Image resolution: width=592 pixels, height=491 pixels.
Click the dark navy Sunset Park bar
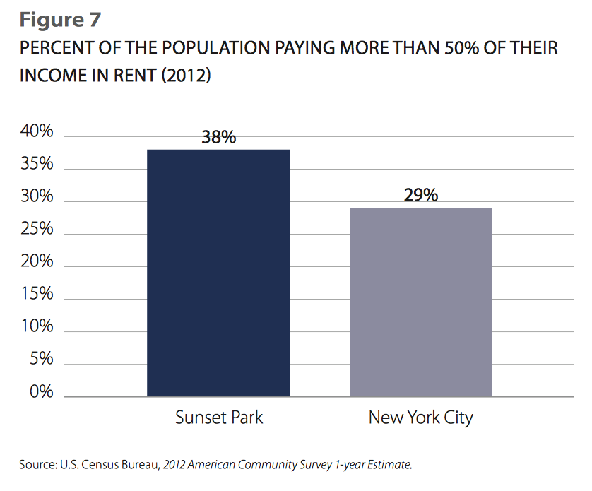pos(218,273)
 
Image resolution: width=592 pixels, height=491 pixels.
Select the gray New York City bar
pos(421,302)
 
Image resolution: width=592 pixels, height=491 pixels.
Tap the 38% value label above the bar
pos(218,137)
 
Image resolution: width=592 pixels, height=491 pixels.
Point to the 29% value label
pos(421,195)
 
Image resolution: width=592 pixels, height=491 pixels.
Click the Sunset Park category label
pos(219,417)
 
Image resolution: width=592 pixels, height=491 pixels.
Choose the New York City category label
pos(421,418)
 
